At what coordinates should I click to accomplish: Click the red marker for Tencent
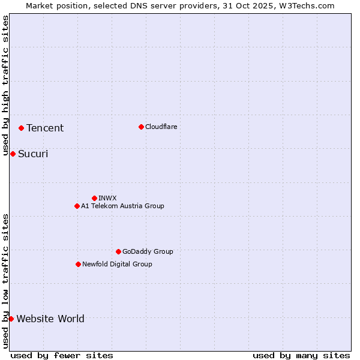click(21, 128)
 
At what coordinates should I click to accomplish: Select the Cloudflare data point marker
click(141, 127)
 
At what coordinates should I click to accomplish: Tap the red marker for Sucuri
click(13, 154)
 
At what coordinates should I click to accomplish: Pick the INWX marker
click(94, 198)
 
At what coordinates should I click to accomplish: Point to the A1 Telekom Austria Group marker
click(77, 206)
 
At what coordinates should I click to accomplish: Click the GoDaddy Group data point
click(118, 251)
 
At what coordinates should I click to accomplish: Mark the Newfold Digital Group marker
click(78, 264)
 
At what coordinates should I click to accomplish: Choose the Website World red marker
click(11, 319)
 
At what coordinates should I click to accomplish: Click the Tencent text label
click(45, 128)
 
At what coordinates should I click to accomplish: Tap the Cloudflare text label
click(161, 127)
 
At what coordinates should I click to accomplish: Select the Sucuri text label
click(33, 154)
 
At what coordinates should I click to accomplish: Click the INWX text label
click(107, 198)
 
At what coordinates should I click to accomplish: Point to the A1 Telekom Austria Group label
click(122, 206)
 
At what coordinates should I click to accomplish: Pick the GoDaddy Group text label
click(148, 251)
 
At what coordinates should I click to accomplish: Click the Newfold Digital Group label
click(117, 264)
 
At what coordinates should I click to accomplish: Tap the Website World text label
click(50, 319)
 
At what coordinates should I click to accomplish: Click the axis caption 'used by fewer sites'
click(62, 355)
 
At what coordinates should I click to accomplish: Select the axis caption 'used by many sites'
click(301, 355)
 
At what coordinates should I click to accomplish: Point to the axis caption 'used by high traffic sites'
click(5, 86)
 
